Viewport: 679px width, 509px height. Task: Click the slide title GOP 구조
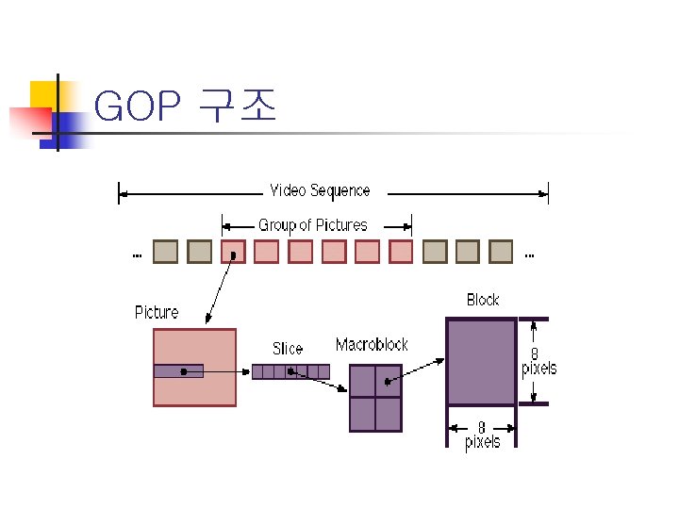click(186, 108)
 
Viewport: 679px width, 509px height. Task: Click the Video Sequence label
click(320, 190)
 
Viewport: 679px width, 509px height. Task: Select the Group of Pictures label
click(313, 225)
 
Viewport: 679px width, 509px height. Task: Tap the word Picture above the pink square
click(157, 312)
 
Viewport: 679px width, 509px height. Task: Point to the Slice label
click(288, 349)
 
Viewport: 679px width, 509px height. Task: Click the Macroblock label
click(372, 345)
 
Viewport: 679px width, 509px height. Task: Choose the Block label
click(483, 300)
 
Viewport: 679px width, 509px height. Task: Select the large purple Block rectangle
click(481, 362)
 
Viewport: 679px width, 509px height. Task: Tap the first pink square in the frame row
click(233, 252)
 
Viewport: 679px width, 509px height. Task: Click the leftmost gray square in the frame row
click(165, 252)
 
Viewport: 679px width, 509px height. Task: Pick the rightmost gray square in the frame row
click(501, 252)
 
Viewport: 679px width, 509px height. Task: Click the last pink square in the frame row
click(402, 252)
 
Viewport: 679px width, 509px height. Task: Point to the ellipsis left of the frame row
click(137, 254)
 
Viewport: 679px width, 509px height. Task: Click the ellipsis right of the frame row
click(529, 254)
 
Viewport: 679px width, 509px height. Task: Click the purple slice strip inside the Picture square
click(178, 371)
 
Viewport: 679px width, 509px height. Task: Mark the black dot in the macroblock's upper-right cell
click(388, 382)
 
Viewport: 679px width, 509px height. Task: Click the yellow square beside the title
click(43, 95)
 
